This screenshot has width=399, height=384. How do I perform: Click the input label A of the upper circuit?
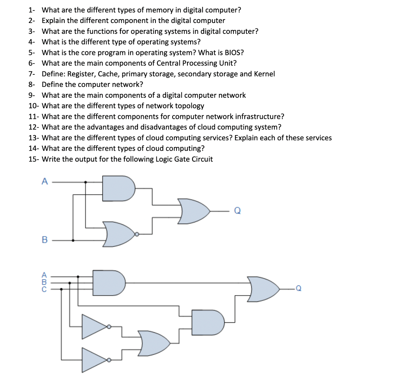point(44,181)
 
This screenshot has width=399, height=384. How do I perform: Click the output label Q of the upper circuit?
point(237,211)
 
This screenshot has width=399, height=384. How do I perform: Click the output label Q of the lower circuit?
point(298,289)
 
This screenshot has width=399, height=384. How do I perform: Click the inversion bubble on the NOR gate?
point(136,234)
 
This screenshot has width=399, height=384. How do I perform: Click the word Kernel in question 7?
point(264,74)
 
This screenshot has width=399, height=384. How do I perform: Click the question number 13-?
point(34,138)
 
